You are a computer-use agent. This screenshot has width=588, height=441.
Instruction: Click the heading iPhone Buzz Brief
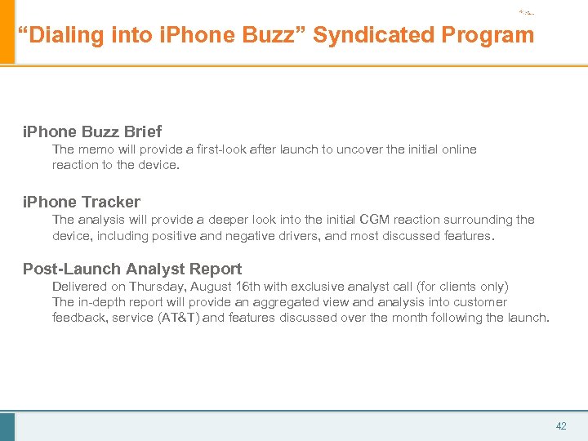click(x=92, y=131)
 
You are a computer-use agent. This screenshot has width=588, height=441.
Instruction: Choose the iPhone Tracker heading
click(x=82, y=202)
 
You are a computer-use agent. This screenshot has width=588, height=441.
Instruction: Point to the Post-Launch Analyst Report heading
click(x=132, y=269)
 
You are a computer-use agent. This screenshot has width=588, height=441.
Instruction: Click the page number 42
click(x=561, y=426)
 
